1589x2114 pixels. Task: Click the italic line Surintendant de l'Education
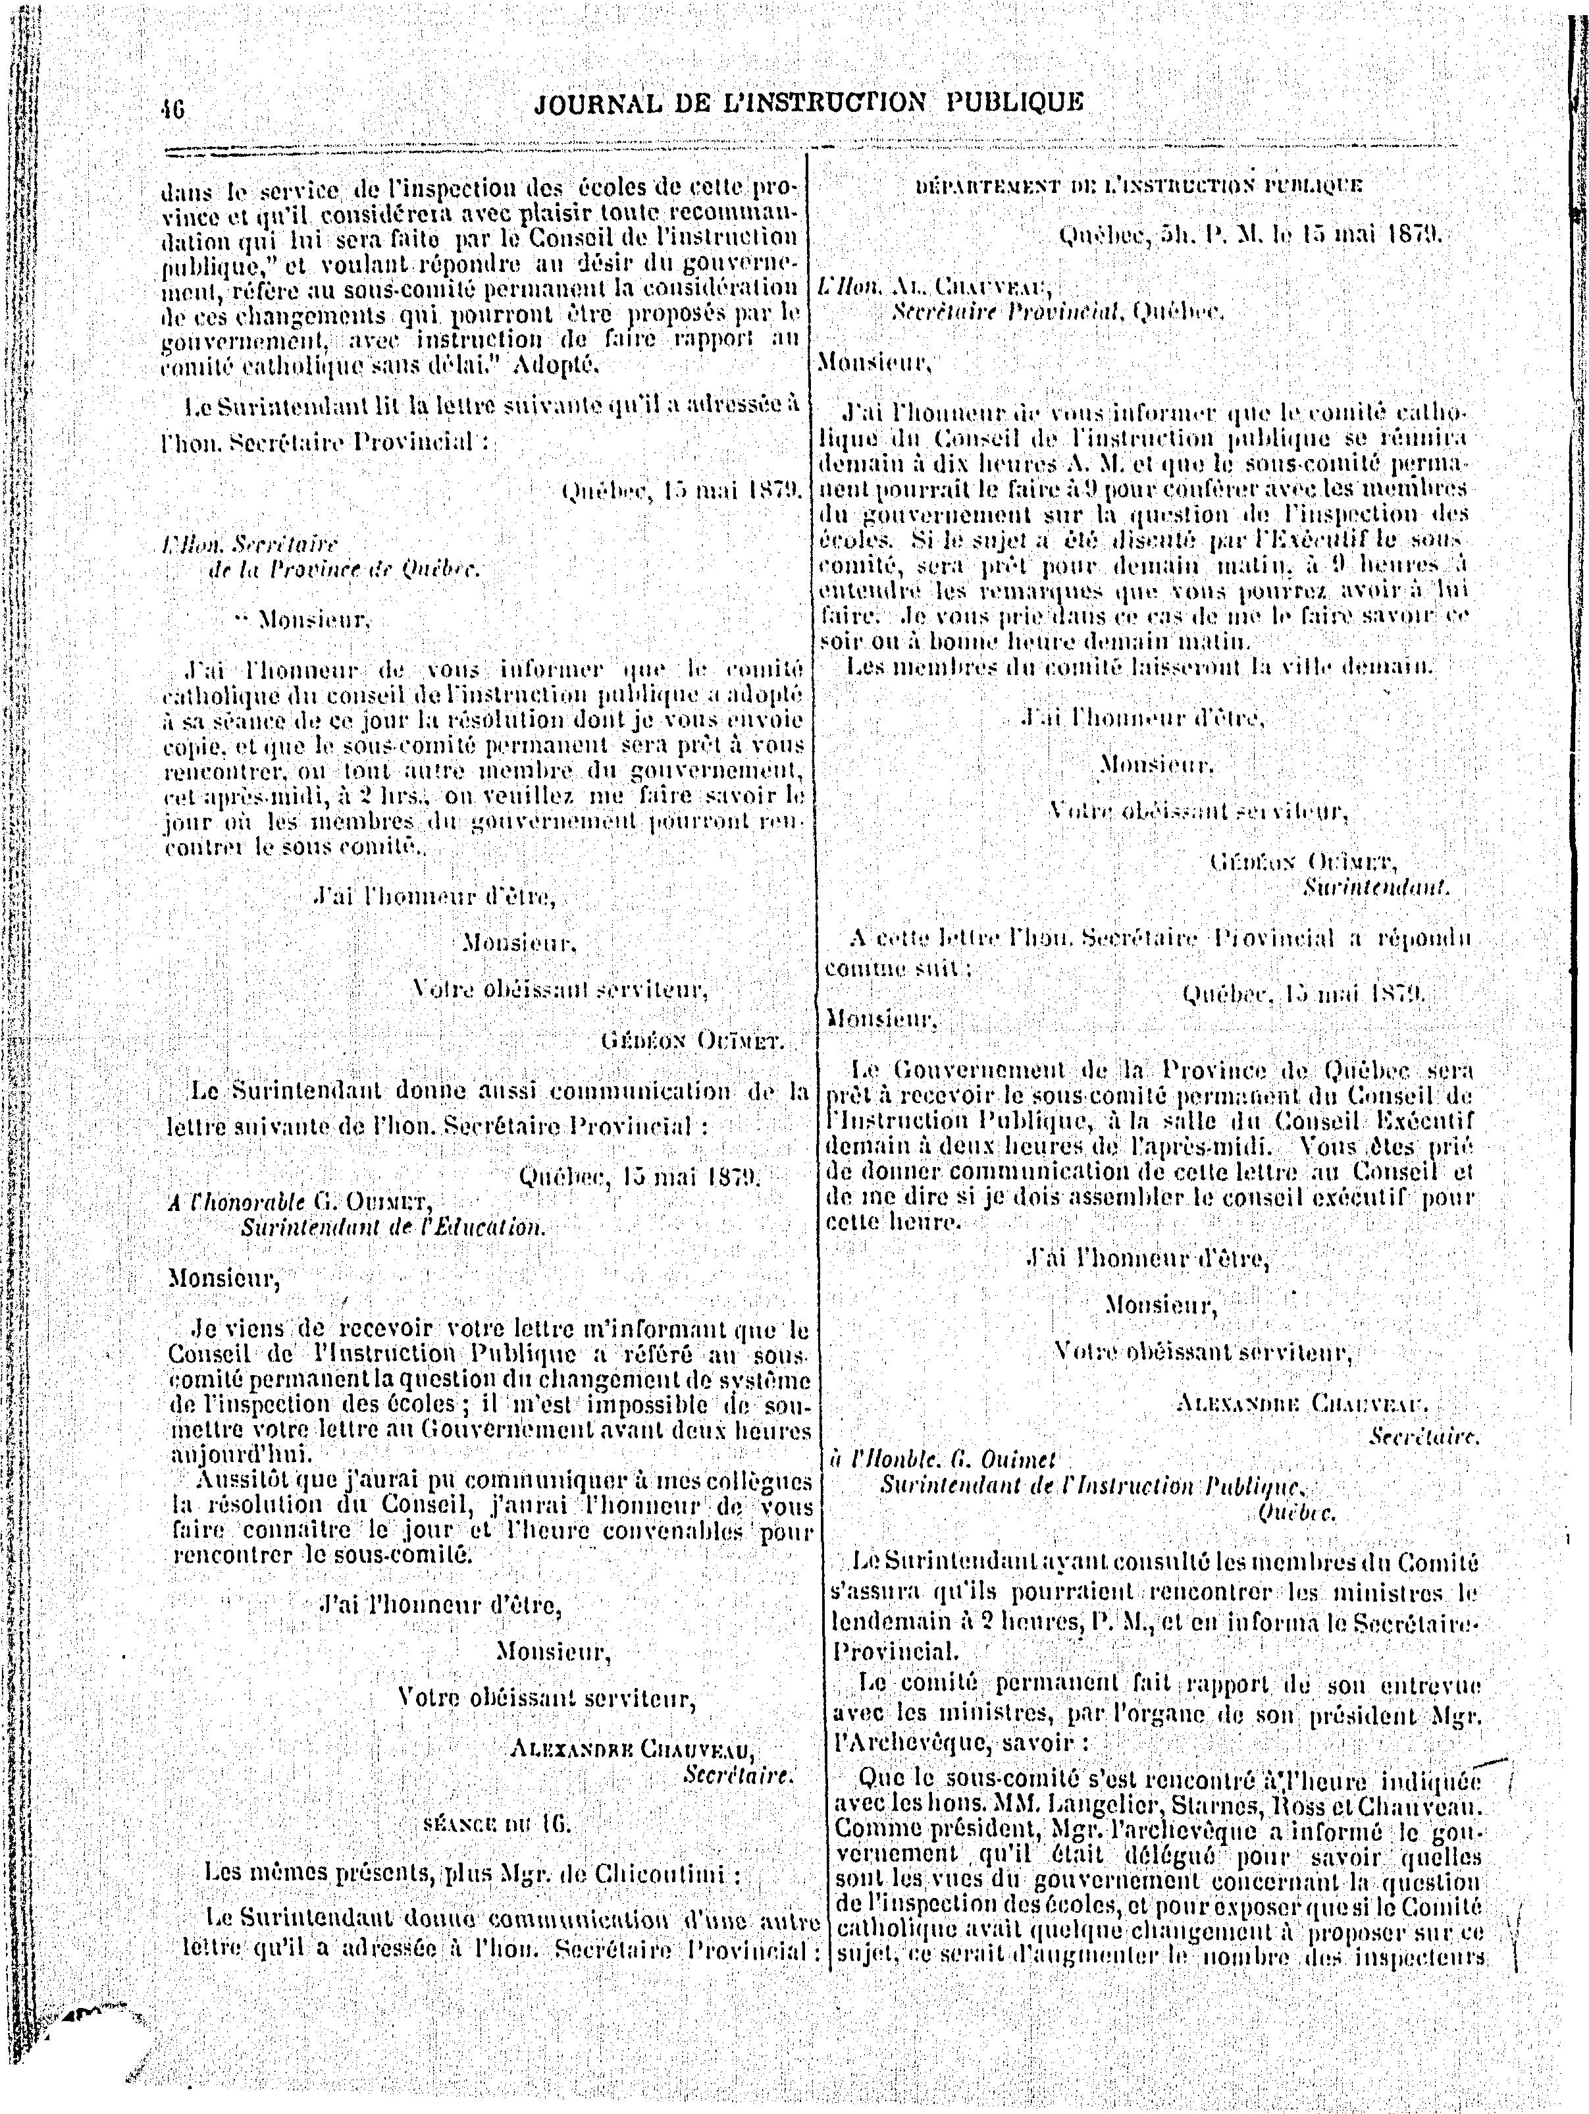(x=393, y=1227)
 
